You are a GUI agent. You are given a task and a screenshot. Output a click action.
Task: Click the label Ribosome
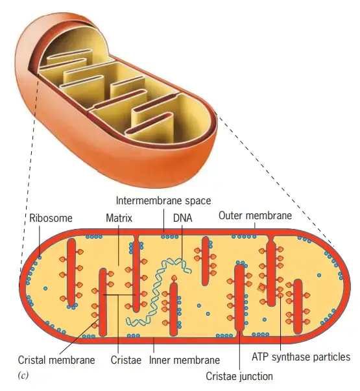coord(51,218)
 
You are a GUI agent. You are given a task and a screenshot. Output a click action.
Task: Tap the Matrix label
coord(119,218)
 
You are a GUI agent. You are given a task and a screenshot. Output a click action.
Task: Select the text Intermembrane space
coord(163,201)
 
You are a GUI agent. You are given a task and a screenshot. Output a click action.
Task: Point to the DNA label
coord(183,218)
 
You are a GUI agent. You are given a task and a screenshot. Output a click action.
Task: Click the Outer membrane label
coord(255,216)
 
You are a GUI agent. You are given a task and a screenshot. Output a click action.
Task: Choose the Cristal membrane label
coord(56,360)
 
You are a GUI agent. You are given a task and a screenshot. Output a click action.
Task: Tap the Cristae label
coord(126,360)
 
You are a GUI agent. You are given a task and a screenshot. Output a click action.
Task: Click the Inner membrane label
coord(184,360)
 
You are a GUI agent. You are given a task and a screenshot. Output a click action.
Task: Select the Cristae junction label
coord(239,377)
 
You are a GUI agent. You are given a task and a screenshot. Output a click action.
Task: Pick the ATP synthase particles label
coord(301,357)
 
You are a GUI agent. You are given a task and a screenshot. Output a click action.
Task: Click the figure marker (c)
coord(23,375)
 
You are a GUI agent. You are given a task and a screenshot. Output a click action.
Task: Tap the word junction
coord(256,377)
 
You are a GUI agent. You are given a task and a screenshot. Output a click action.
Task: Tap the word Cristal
coord(32,360)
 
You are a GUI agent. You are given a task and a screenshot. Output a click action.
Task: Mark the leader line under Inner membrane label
coord(154,345)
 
